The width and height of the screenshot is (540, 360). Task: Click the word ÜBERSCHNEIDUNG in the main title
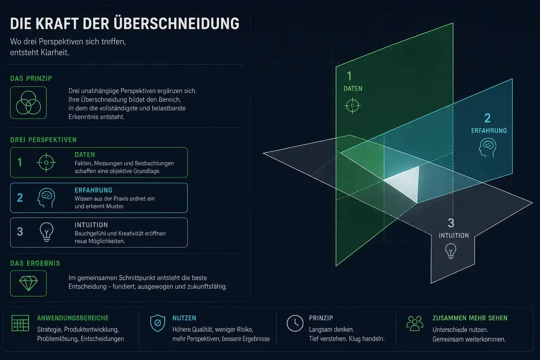click(176, 24)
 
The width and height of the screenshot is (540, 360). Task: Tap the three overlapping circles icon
click(28, 103)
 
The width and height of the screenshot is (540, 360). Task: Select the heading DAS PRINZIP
click(31, 78)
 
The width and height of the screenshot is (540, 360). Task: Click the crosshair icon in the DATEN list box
click(46, 162)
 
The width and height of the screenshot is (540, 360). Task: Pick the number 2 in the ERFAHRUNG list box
click(20, 198)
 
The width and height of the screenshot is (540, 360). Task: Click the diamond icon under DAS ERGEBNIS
click(28, 284)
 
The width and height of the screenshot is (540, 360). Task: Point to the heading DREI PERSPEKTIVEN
click(43, 140)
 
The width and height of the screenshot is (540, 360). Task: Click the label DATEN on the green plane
click(353, 89)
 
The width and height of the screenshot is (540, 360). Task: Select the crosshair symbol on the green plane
click(353, 105)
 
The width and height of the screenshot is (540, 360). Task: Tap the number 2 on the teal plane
click(488, 118)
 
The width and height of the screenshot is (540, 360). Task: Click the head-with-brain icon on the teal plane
click(488, 148)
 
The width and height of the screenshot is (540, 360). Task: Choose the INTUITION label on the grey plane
click(454, 236)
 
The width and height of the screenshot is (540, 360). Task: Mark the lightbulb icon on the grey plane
click(451, 251)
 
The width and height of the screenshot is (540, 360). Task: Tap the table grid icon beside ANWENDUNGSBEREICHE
click(20, 323)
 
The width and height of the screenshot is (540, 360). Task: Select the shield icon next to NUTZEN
click(157, 323)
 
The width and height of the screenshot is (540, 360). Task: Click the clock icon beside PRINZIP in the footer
click(295, 323)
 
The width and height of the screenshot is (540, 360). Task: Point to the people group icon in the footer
click(414, 323)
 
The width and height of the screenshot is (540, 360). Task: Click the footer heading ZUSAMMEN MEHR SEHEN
click(470, 318)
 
